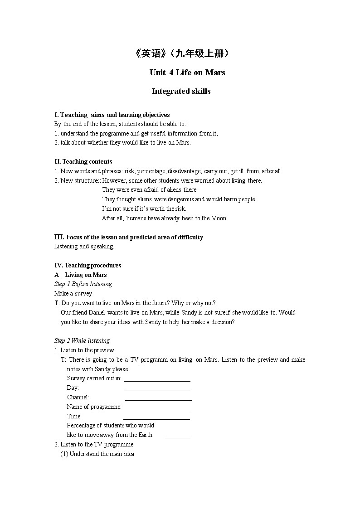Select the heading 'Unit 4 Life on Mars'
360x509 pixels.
click(x=187, y=73)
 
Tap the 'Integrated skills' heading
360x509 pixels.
click(x=181, y=91)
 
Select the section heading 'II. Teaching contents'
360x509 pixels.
click(x=83, y=162)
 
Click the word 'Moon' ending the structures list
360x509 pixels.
click(x=219, y=218)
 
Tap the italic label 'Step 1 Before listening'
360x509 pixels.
click(x=83, y=284)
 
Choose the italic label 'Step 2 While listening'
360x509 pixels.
click(x=82, y=341)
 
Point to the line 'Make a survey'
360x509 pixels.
click(x=73, y=294)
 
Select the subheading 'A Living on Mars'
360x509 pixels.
click(x=80, y=275)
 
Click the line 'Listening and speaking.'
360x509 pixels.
click(x=84, y=247)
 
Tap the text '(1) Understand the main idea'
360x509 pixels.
click(x=97, y=454)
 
